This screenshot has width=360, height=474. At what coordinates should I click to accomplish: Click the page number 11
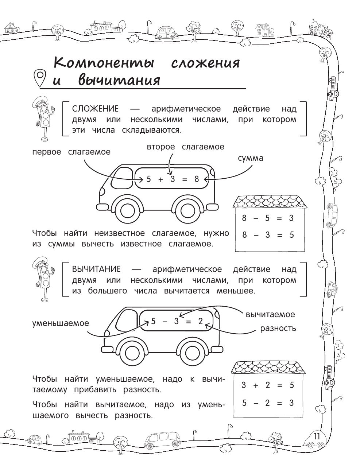316,436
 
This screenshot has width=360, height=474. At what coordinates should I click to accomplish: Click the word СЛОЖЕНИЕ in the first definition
95,109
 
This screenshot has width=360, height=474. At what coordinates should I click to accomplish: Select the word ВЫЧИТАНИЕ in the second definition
96,269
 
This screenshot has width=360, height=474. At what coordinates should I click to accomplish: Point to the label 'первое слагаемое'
71,152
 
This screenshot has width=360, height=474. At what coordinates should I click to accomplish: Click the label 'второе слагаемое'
186,147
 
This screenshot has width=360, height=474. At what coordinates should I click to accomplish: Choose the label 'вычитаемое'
270,314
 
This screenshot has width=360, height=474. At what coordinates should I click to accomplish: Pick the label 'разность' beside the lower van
278,328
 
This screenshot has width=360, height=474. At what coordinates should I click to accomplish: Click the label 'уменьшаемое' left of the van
61,323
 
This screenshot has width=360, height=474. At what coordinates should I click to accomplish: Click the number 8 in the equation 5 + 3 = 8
197,179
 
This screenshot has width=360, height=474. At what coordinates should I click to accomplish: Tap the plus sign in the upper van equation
161,179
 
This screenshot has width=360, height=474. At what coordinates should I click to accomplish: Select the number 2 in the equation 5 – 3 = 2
200,321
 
